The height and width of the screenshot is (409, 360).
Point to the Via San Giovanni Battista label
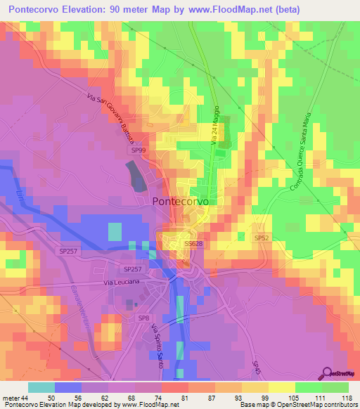(118, 116)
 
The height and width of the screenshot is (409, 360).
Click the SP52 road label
(262, 238)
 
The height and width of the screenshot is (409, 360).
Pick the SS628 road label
(193, 243)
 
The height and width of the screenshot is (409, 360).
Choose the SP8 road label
(144, 318)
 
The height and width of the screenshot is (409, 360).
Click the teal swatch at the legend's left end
(41, 387)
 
